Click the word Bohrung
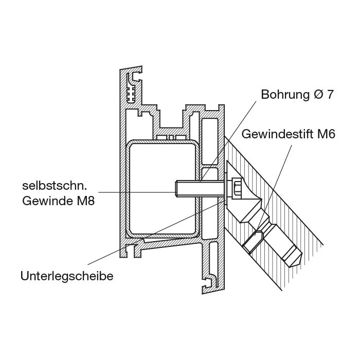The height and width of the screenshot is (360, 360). (285, 94)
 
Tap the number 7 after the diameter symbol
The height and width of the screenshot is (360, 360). (330, 94)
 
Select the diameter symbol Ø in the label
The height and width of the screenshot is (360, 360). (318, 94)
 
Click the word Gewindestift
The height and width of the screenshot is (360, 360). (278, 134)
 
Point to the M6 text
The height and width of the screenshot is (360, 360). (326, 134)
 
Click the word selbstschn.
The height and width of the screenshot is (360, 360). (55, 186)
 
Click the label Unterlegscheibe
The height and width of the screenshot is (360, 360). (67, 276)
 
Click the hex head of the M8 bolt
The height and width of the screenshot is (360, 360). (237, 188)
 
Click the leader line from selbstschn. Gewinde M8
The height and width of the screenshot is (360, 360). (137, 192)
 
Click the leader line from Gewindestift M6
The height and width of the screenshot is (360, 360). (275, 187)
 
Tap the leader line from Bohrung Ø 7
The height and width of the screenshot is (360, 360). (228, 141)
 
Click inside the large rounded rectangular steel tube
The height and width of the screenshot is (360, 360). (163, 188)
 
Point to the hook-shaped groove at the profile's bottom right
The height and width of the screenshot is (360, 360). (209, 282)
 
